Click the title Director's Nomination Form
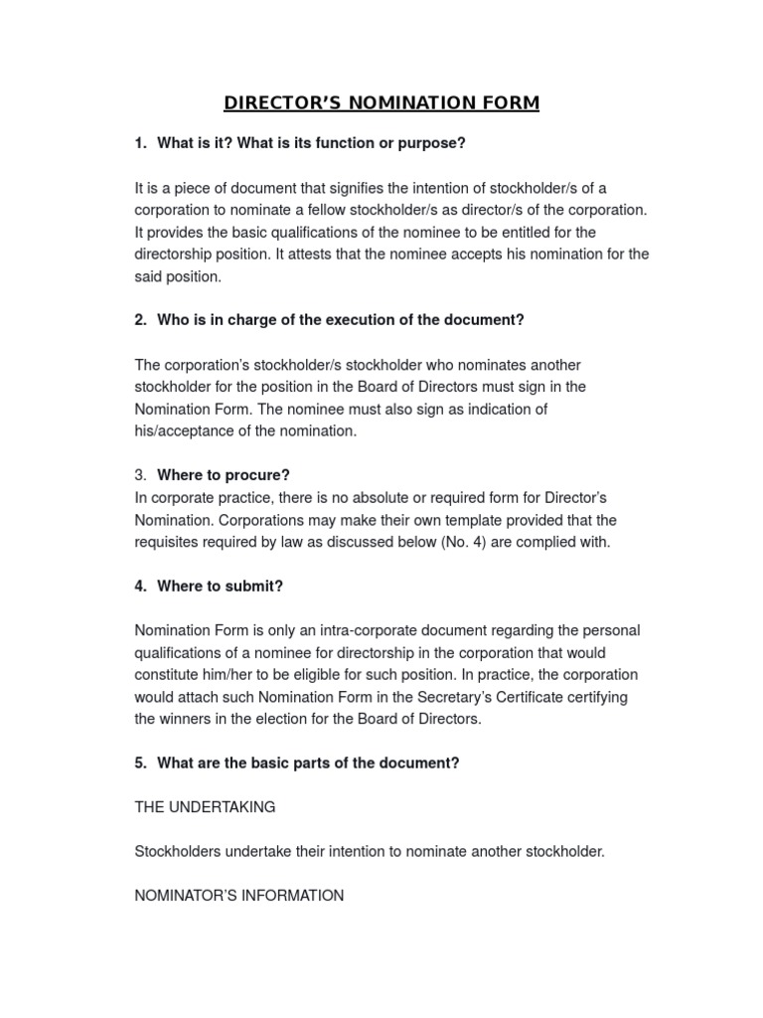tap(381, 102)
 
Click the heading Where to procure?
tap(224, 474)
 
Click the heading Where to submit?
tap(220, 586)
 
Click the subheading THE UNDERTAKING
tap(205, 807)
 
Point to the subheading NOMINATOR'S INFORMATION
tap(239, 895)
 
